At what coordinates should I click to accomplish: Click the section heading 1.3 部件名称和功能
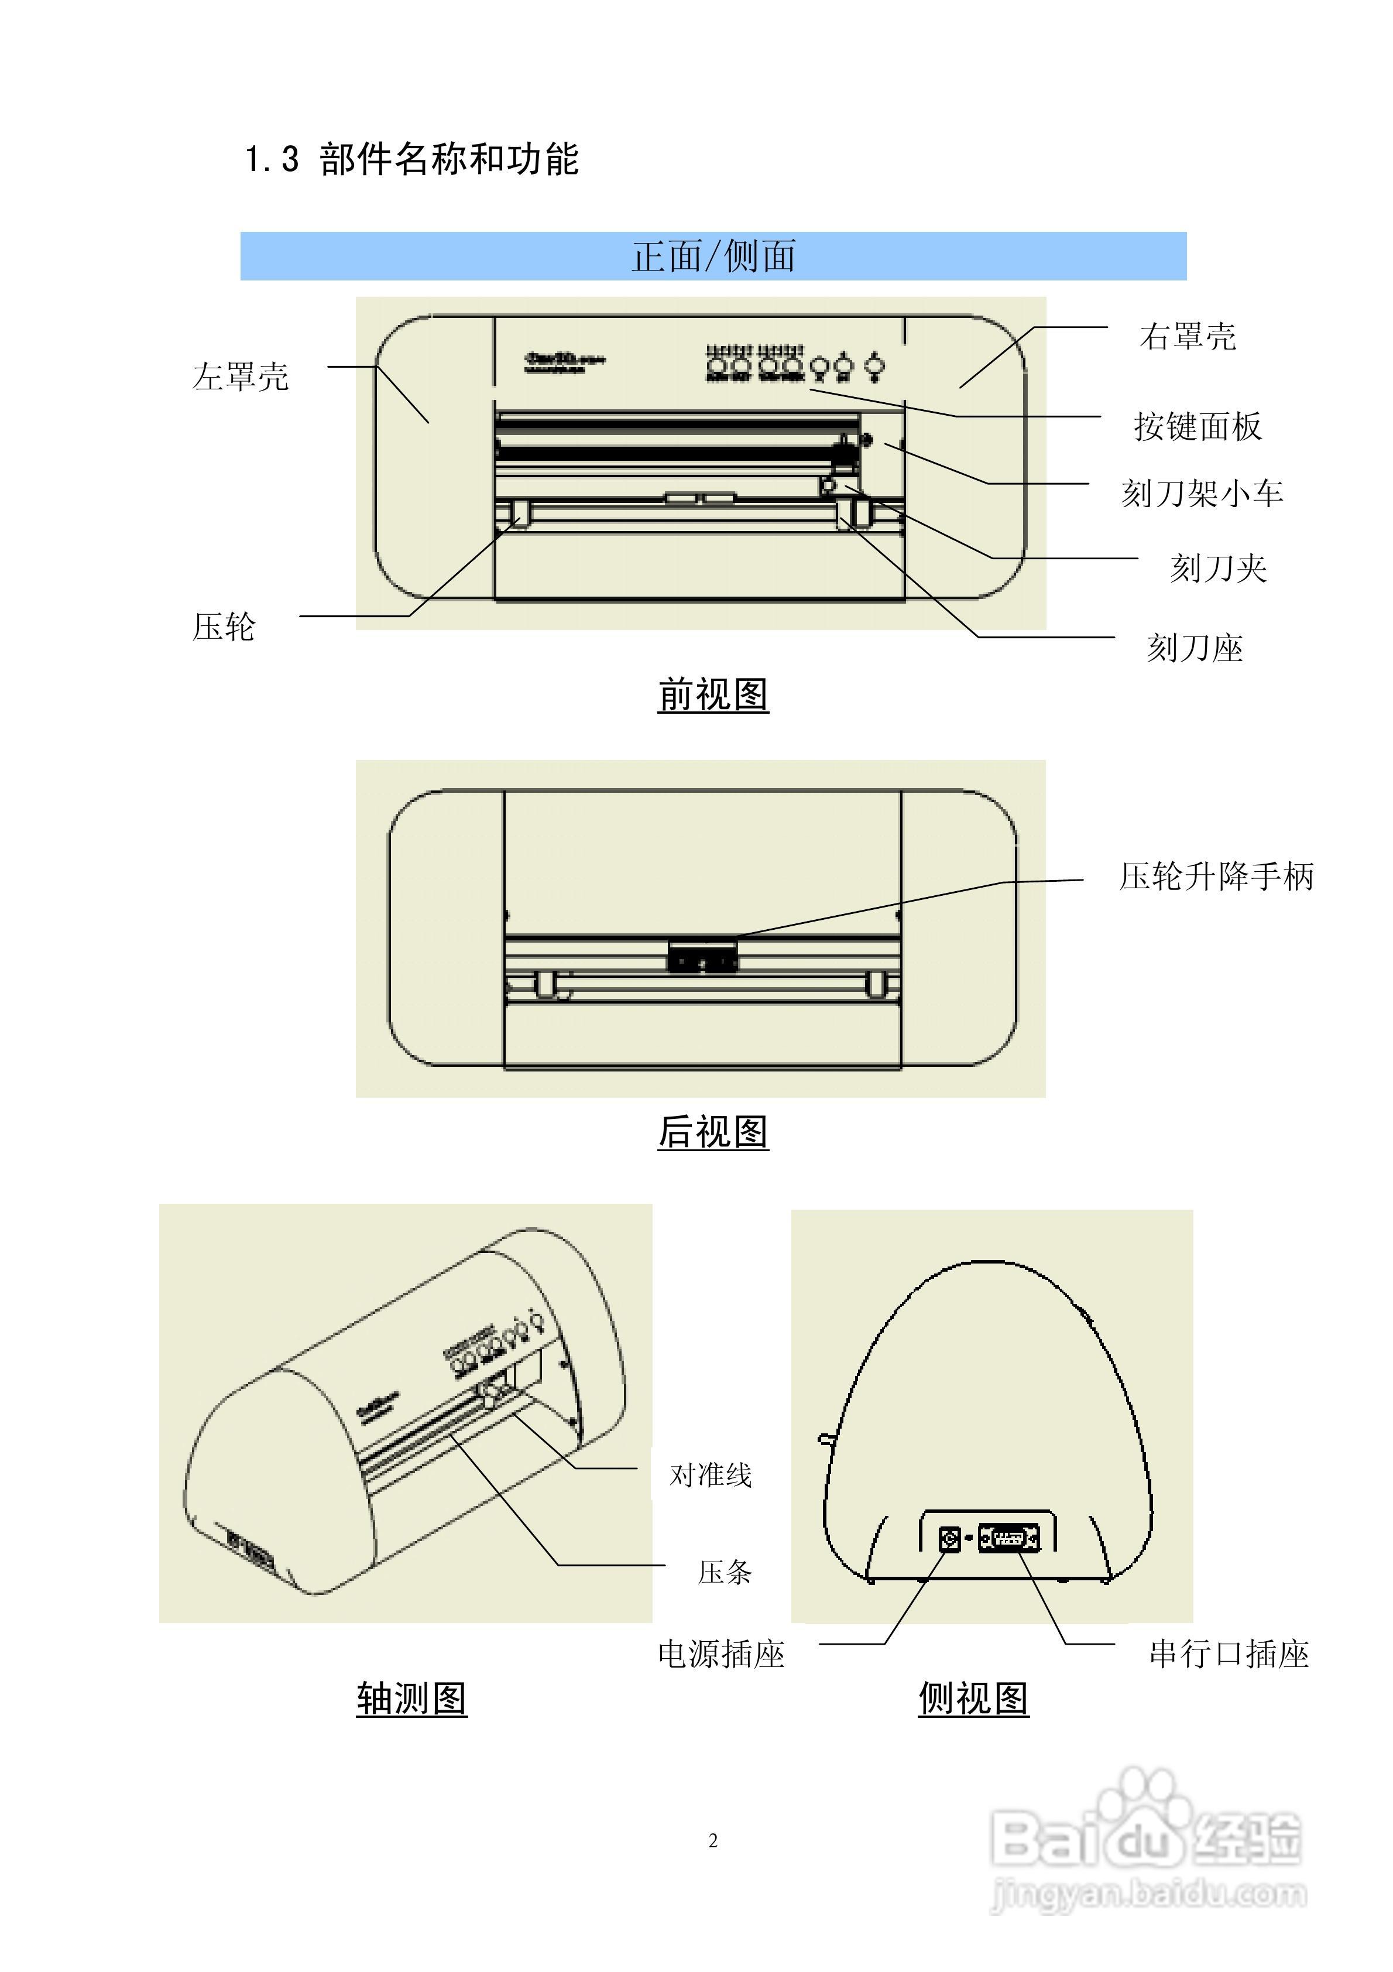coord(412,160)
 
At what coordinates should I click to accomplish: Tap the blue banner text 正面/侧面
coord(713,256)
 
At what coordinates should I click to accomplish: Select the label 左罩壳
coord(241,377)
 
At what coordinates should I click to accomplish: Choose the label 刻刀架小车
coord(1202,493)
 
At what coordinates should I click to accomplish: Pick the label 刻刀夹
coord(1218,568)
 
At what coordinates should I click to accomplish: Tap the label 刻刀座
coord(1195,648)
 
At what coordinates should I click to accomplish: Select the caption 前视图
coord(713,694)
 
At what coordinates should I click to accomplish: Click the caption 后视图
coord(713,1131)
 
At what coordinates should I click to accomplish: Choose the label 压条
coord(725,1572)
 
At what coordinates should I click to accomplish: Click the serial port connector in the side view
coord(1009,1538)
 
